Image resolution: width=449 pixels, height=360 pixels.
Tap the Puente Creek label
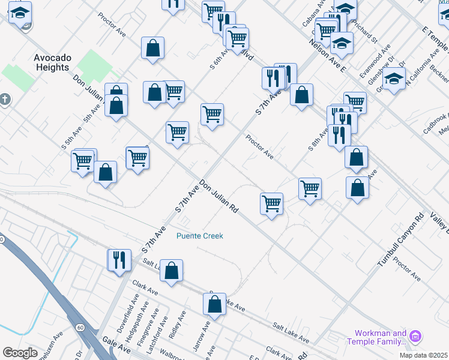pos(199,236)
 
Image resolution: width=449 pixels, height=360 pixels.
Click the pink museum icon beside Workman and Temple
pos(416,338)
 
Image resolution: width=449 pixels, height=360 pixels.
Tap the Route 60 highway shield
pos(80,328)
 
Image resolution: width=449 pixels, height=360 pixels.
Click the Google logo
pos(20,353)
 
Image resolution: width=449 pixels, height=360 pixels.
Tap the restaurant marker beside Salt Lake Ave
pos(119,260)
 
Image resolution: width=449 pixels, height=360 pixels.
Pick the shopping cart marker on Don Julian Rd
pos(271,203)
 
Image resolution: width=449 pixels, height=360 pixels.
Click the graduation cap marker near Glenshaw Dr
pos(394,79)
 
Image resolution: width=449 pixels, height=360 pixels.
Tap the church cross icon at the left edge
pos(5,99)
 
